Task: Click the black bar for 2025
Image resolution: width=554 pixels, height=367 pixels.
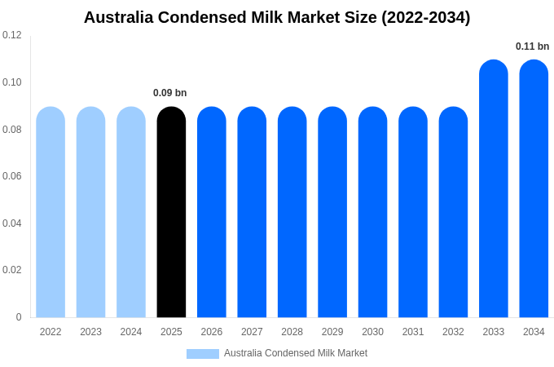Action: pyautogui.click(x=171, y=212)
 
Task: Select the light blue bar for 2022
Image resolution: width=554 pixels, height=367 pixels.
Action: pyautogui.click(x=51, y=212)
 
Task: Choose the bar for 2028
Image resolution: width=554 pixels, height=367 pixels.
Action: pyautogui.click(x=292, y=212)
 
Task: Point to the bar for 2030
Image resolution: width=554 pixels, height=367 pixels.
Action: pyautogui.click(x=372, y=212)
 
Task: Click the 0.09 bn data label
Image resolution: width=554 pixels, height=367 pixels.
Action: pyautogui.click(x=170, y=93)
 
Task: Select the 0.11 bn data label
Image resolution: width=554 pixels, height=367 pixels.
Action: pyautogui.click(x=532, y=46)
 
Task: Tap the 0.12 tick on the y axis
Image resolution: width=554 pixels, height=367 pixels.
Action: pyautogui.click(x=12, y=35)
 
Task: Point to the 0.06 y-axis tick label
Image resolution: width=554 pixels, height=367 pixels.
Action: pyautogui.click(x=12, y=176)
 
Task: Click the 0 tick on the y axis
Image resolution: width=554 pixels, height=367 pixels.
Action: pyautogui.click(x=19, y=317)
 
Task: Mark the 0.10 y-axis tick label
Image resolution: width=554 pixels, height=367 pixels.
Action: pyautogui.click(x=12, y=82)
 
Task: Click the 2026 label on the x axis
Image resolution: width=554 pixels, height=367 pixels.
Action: pyautogui.click(x=212, y=332)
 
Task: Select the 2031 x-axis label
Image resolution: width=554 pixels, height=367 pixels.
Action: pyautogui.click(x=413, y=332)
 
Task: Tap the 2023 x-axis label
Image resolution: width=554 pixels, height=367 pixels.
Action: pyautogui.click(x=90, y=332)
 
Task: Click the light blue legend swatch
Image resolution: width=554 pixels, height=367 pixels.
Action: pyautogui.click(x=202, y=354)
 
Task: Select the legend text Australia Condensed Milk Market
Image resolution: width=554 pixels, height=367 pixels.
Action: pyautogui.click(x=296, y=353)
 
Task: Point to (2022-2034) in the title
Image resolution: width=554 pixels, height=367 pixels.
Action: pyautogui.click(x=426, y=17)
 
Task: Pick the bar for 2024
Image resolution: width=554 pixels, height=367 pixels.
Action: pyautogui.click(x=131, y=212)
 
